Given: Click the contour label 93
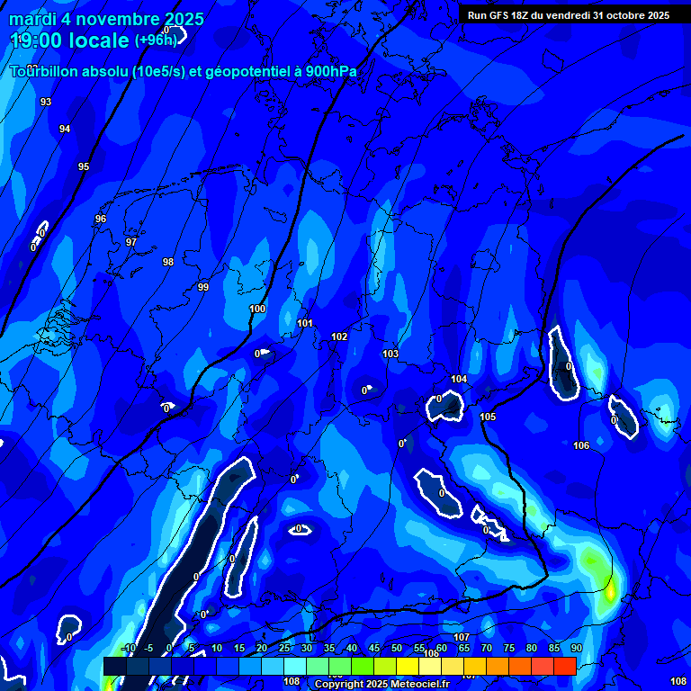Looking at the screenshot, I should pos(46,102).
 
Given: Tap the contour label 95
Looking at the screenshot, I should pos(84,166).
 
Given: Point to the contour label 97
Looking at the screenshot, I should pos(131,242).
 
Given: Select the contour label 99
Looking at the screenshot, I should pos(203,287).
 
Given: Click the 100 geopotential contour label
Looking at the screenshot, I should pos(257,309).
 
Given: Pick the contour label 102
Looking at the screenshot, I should pos(339,337).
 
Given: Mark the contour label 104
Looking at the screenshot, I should pos(459,379).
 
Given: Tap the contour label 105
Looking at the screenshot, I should pos(488,417).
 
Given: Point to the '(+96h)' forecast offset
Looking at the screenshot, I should pos(156,40).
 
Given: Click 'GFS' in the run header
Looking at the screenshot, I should pos(499,15).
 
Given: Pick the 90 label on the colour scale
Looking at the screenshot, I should pos(576,649).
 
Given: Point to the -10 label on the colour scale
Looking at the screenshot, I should pos(128,649).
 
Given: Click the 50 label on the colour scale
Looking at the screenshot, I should pos(397,649).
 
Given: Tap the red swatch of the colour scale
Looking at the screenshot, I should pos(564,666).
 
